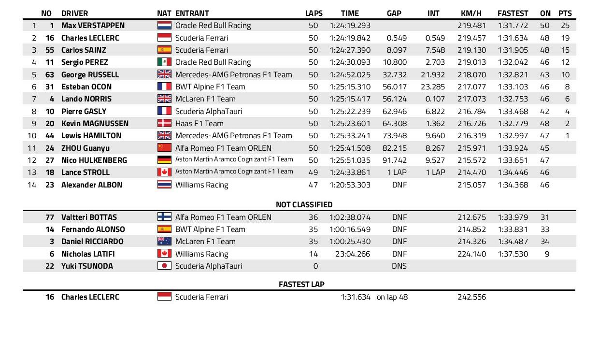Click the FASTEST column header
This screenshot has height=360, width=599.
pyautogui.click(x=513, y=13)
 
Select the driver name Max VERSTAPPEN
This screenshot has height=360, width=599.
pyautogui.click(x=93, y=25)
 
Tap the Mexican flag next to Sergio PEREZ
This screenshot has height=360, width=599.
pyautogui.click(x=164, y=62)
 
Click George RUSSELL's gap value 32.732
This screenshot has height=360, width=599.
pyautogui.click(x=395, y=74)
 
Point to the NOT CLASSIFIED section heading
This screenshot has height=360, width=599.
pyautogui.click(x=304, y=204)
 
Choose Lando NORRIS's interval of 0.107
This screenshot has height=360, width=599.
pyautogui.click(x=435, y=99)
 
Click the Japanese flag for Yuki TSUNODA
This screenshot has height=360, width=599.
pyautogui.click(x=164, y=266)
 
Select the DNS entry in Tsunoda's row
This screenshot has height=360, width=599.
pyautogui.click(x=399, y=266)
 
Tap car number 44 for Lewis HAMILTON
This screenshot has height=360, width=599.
pyautogui.click(x=50, y=135)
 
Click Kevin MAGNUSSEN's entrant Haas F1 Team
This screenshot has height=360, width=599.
pyautogui.click(x=199, y=123)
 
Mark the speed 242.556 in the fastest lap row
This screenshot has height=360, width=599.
pyautogui.click(x=471, y=297)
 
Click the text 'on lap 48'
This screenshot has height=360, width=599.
pyautogui.click(x=392, y=297)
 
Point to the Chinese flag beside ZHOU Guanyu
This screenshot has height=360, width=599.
pyautogui.click(x=164, y=148)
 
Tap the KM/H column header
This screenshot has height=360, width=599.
pyautogui.click(x=471, y=13)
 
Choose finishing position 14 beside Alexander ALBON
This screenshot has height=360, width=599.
pyautogui.click(x=31, y=185)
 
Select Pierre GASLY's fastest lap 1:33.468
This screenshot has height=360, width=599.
pyautogui.click(x=513, y=111)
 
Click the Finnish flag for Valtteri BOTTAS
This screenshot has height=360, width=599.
pyautogui.click(x=164, y=217)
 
